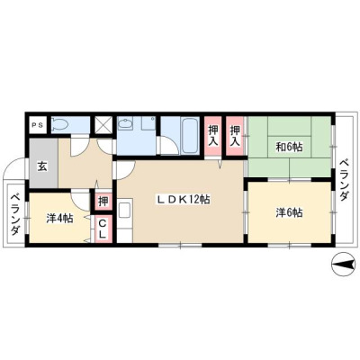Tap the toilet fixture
point(60,124)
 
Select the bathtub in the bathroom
point(190,135)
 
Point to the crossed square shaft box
point(103,125)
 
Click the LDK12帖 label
point(184,200)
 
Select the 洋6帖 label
point(289,212)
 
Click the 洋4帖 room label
point(59,218)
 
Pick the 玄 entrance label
point(42,166)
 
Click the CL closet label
point(103,229)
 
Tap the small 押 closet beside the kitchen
point(103,202)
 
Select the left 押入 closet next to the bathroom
point(213,135)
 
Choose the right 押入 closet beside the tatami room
point(235,135)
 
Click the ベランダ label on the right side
point(345,180)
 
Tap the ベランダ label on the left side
point(15,215)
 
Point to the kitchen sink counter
point(124,220)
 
